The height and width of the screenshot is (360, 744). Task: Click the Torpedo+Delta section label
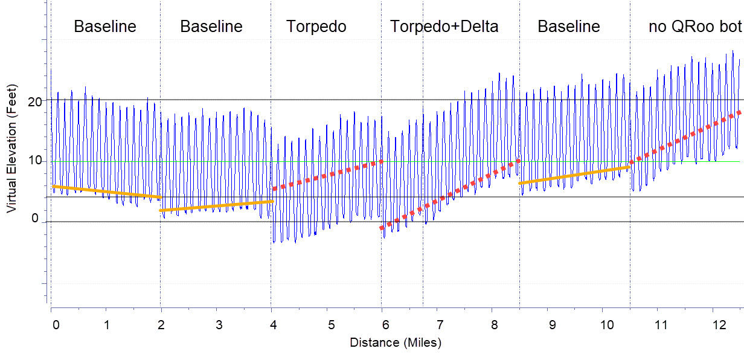[444, 27]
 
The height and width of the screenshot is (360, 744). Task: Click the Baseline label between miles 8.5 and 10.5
[569, 27]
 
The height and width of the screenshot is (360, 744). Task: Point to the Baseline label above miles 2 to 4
[211, 27]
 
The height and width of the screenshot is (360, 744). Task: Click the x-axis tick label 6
[385, 325]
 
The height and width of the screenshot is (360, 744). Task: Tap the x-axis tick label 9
[551, 325]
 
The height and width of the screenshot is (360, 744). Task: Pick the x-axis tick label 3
[219, 325]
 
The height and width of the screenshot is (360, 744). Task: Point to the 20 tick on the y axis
[34, 101]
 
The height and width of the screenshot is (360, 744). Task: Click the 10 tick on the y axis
[34, 161]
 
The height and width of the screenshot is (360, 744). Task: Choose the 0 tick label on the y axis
[34, 219]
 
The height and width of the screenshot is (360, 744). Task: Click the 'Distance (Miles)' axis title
[396, 343]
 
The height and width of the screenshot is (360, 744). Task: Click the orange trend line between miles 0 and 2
[106, 191]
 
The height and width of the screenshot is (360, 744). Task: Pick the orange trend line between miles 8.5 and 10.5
[574, 175]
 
